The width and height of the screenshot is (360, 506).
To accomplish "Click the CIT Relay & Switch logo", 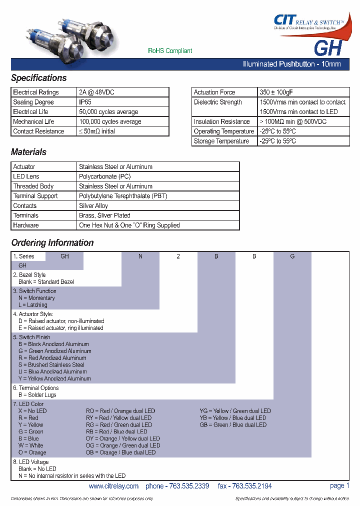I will tap(308, 22).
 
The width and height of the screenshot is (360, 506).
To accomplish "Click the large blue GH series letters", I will tap(327, 48).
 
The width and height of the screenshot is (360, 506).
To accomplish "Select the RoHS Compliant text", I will tap(170, 51).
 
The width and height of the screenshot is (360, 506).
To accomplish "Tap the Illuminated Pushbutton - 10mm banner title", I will tap(291, 64).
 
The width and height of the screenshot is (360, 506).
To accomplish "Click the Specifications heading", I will tap(38, 78).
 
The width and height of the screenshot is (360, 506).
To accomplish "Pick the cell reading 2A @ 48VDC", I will tap(96, 92).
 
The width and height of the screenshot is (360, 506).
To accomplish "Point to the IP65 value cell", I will tap(85, 102).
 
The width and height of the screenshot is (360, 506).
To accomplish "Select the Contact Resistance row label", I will tap(38, 131).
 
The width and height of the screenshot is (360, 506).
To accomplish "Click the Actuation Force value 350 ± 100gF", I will tap(276, 92).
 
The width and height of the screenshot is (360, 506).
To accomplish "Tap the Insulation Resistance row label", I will tap(221, 121).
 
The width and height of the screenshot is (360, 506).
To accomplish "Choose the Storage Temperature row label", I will tap(221, 141).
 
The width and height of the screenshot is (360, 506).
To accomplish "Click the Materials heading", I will tap(28, 152).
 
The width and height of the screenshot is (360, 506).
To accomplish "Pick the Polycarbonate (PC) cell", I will tap(104, 176).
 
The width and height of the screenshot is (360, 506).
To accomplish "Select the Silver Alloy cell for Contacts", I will tap(93, 206).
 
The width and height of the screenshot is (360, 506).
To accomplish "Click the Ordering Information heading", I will tap(52, 243).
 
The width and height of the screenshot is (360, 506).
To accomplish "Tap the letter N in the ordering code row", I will tap(140, 256).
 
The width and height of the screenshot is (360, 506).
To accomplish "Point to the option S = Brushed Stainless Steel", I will tap(51, 365).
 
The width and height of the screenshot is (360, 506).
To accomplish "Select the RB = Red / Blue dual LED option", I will tap(116, 431).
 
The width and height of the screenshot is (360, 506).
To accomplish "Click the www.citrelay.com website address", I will tap(113, 486).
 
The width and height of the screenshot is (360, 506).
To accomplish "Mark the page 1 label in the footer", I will tap(339, 485).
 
